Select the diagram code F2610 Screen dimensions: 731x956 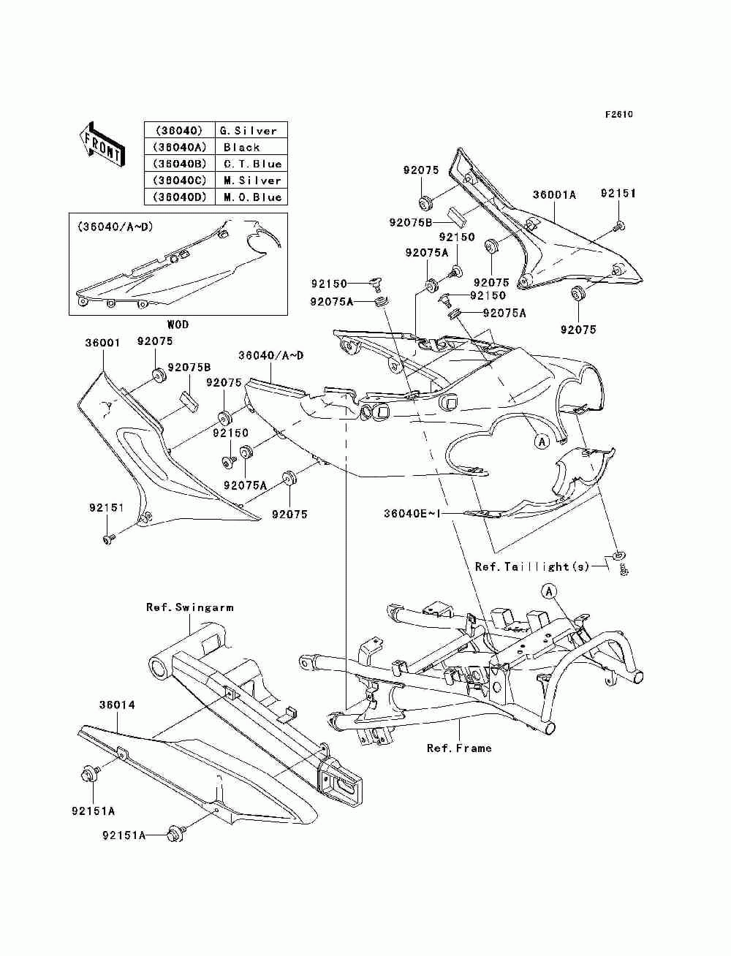tap(618, 115)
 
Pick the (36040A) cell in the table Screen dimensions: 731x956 tap(180, 147)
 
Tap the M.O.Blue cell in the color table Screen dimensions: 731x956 tap(251, 197)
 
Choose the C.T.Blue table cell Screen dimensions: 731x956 tap(251, 163)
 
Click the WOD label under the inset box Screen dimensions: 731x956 tap(178, 325)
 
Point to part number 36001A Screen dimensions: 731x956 tap(554, 194)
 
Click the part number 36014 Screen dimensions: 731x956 tap(117, 705)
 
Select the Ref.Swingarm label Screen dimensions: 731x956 tap(190, 607)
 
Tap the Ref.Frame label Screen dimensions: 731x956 tap(459, 748)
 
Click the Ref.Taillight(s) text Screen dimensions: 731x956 tap(532, 566)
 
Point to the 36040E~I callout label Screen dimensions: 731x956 tap(412, 514)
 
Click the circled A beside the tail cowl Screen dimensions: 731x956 tap(542, 441)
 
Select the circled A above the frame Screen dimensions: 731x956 tap(549, 591)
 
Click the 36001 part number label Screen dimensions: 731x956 tap(102, 343)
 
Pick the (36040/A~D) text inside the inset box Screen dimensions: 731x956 tap(115, 227)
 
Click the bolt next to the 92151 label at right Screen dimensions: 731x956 tap(619, 226)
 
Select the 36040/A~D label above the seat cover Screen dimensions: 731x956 tap(271, 355)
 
